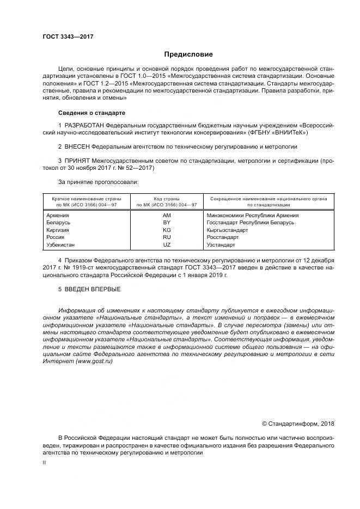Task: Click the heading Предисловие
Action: point(188,54)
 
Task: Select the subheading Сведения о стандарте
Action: point(91,113)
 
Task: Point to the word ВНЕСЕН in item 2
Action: point(77,147)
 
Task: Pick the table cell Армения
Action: point(58,215)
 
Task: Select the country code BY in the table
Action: point(167,223)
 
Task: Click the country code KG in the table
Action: point(167,230)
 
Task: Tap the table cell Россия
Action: point(56,237)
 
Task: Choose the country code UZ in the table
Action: point(167,245)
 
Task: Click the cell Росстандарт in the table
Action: point(223,237)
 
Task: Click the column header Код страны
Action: point(167,199)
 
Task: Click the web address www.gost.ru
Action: point(94,362)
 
